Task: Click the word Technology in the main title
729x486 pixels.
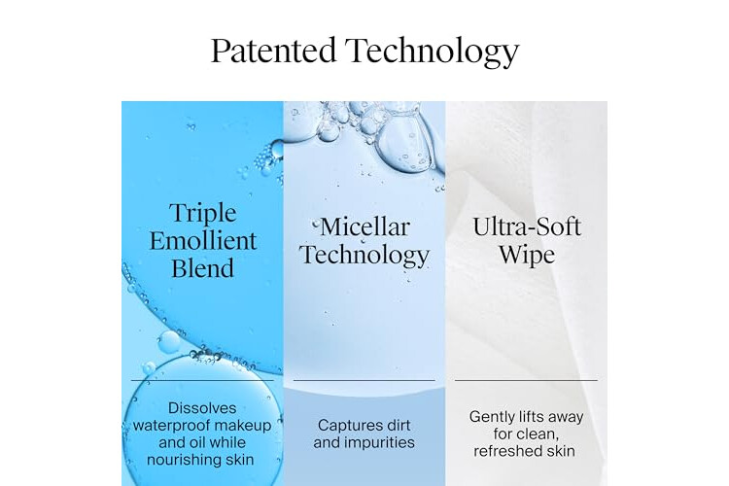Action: (432, 52)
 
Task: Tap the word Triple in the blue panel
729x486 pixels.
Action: (203, 214)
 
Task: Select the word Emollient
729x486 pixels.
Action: (203, 241)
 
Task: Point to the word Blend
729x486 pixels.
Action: (203, 268)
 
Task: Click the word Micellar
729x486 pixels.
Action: (364, 226)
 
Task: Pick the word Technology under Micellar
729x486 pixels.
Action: (364, 256)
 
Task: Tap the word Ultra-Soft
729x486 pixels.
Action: (527, 226)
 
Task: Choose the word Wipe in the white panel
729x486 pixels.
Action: (527, 256)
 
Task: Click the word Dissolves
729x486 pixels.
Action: (202, 408)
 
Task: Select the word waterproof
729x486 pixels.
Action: (166, 426)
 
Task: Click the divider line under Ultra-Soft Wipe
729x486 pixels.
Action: (526, 380)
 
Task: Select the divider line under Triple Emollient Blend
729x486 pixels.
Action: (202, 380)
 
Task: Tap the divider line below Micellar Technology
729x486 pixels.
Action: (364, 380)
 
